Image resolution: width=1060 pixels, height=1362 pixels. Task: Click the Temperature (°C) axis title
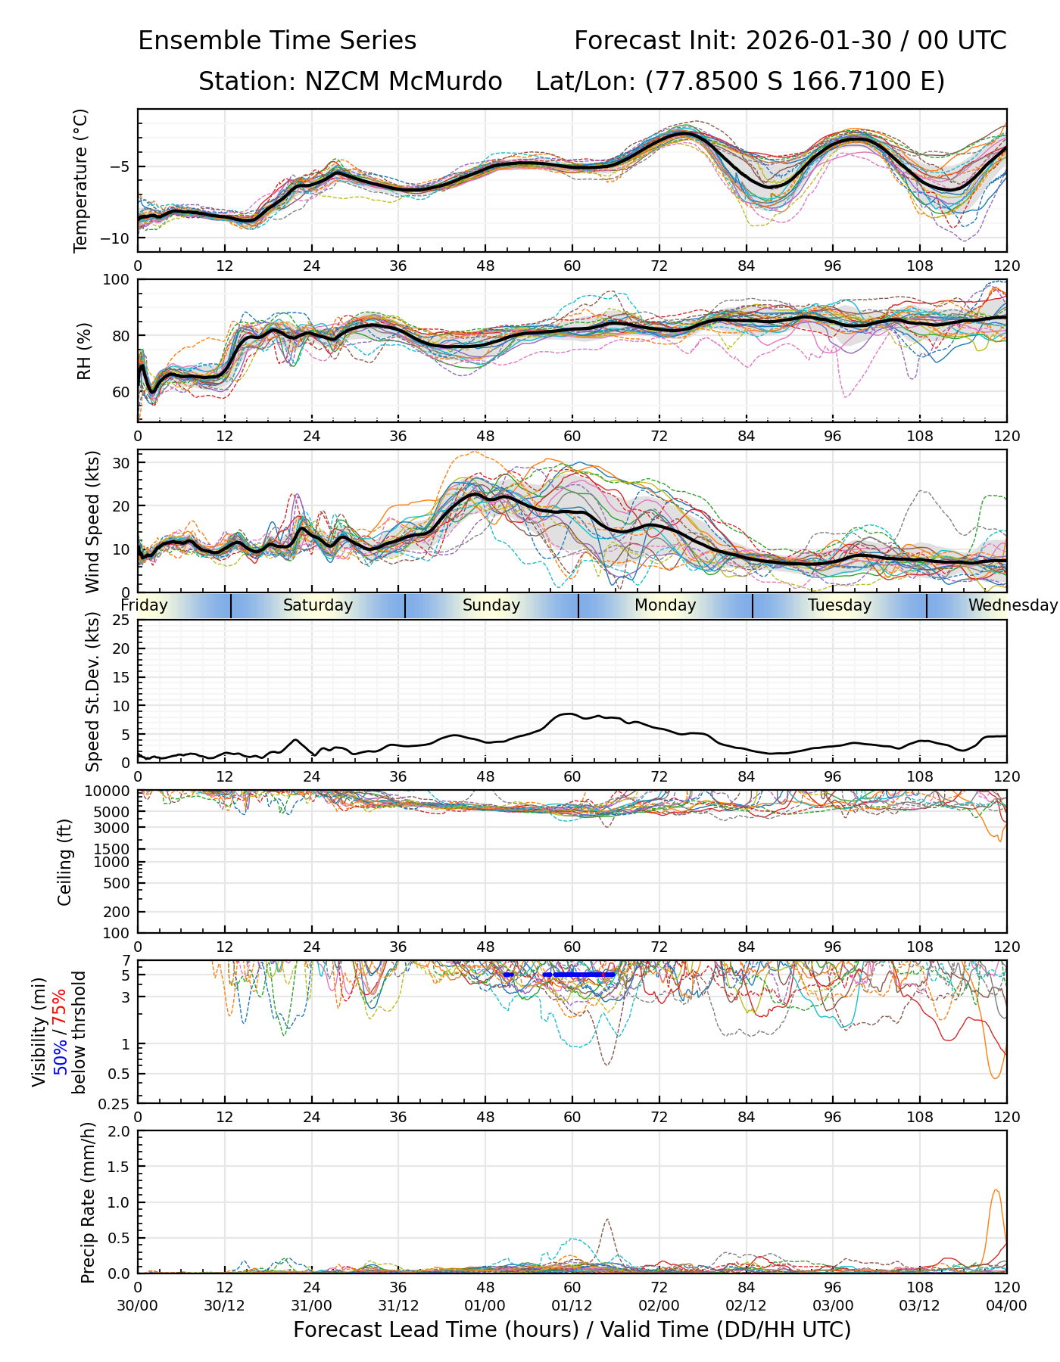(x=81, y=180)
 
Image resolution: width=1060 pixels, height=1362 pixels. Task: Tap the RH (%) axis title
(x=84, y=351)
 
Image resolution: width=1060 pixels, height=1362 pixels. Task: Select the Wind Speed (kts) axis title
(x=92, y=521)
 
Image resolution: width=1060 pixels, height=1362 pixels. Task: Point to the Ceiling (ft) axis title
(x=65, y=862)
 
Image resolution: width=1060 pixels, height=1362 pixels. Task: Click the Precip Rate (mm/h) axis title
(x=88, y=1202)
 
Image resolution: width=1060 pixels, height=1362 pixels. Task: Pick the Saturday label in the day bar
(x=318, y=605)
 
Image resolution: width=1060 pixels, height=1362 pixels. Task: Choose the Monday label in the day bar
(x=665, y=605)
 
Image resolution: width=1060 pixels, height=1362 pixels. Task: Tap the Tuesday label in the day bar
(x=839, y=605)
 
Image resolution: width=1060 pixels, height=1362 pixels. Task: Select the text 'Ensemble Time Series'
(x=277, y=41)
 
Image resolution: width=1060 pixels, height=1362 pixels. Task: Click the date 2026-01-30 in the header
(x=818, y=41)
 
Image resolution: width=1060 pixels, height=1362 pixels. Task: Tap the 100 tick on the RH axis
(x=116, y=280)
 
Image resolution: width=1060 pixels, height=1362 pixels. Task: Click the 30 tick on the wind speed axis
(x=121, y=462)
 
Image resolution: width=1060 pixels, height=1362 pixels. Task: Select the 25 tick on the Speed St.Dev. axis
(x=121, y=620)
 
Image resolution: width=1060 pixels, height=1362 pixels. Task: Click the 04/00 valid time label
(x=1006, y=1305)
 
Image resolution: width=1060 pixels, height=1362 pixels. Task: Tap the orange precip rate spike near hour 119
(x=996, y=1191)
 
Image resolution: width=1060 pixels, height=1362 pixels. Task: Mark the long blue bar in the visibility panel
(x=579, y=975)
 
